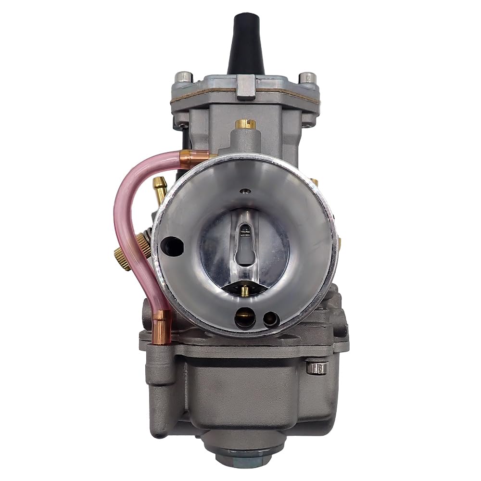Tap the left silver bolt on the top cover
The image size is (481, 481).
click(184, 77)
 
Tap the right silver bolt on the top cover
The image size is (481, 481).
click(306, 77)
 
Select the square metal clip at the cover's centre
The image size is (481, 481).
click(246, 87)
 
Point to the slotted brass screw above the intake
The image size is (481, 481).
click(245, 124)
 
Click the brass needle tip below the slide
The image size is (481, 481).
click(244, 290)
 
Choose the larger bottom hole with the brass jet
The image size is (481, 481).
click(244, 317)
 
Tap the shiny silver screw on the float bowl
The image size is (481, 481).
click(316, 368)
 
